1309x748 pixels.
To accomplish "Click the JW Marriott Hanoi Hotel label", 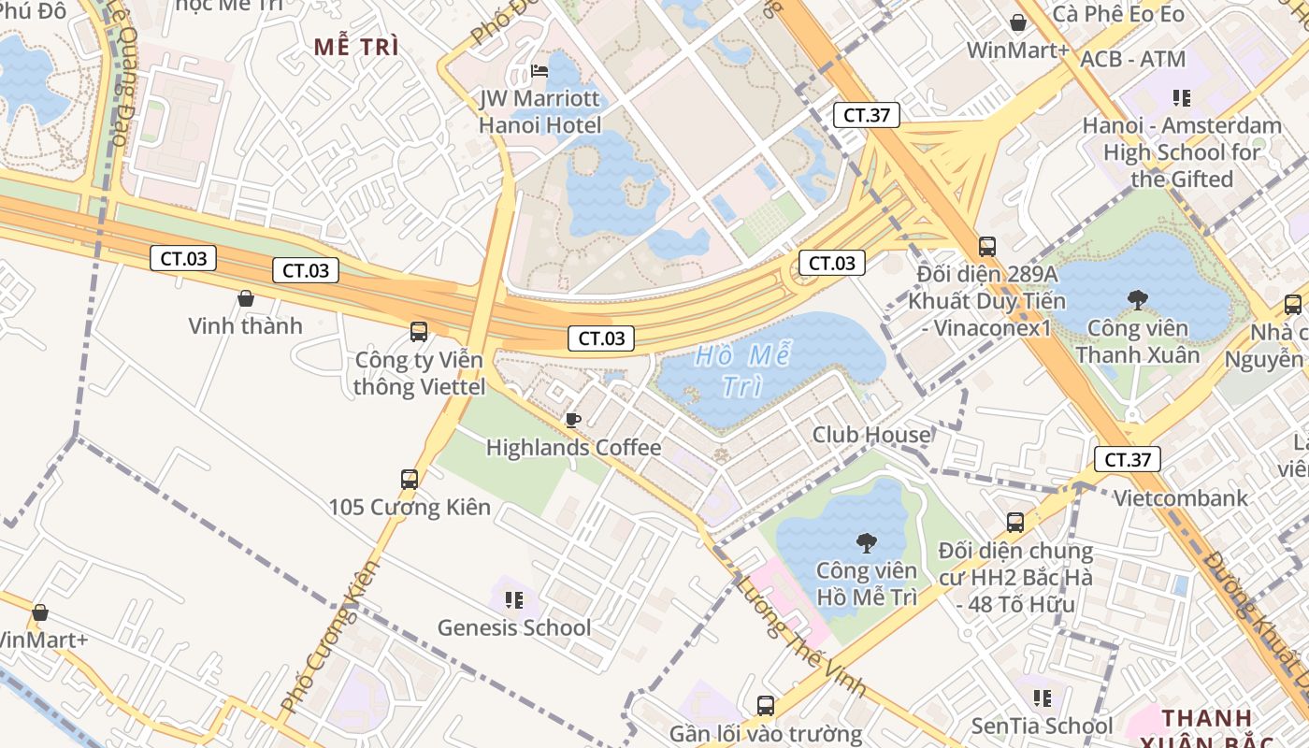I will tap(539, 111).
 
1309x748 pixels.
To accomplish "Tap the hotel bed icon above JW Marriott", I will tap(539, 70).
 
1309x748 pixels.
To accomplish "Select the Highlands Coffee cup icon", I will tap(573, 420).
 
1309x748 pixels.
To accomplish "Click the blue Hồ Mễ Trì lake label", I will tap(744, 370).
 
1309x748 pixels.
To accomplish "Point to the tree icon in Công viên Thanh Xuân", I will tap(1138, 300).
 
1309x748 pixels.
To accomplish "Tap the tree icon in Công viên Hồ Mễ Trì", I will tap(867, 542).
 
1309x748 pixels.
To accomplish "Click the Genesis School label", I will tap(513, 627).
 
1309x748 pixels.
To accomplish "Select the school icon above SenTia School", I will tap(1042, 698).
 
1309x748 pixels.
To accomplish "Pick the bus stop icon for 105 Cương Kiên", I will tap(410, 480).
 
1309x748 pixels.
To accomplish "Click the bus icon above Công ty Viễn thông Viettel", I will tap(419, 331).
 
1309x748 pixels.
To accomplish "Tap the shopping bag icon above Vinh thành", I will tap(246, 298).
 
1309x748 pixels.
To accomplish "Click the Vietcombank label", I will tap(1180, 497).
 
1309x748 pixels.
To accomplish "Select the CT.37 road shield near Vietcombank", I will tap(1128, 459).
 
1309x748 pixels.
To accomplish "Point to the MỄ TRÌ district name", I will tap(356, 48).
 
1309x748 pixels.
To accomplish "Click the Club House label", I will tap(871, 435).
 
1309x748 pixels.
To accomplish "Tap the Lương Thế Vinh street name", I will tap(800, 636).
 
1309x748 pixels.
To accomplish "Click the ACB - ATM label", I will tap(1132, 60).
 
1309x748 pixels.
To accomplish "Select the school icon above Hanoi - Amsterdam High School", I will tap(1181, 97).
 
